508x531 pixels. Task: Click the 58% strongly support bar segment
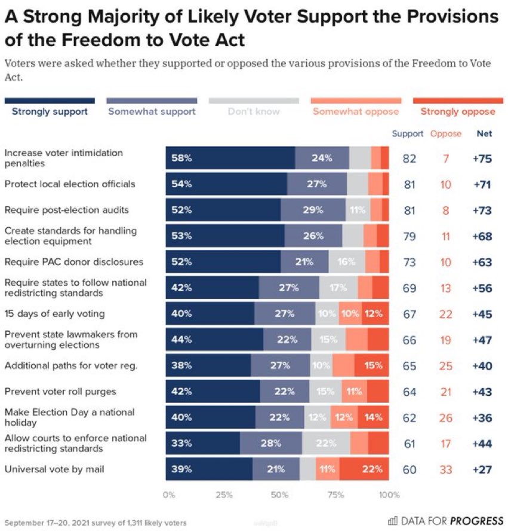pyautogui.click(x=230, y=158)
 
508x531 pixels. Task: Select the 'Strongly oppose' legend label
pyautogui.click(x=457, y=111)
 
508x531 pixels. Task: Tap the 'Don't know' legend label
pyautogui.click(x=254, y=111)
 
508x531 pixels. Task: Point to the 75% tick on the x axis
pyautogui.click(x=335, y=495)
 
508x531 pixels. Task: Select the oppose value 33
pyautogui.click(x=445, y=469)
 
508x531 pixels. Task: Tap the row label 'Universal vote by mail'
pyautogui.click(x=54, y=469)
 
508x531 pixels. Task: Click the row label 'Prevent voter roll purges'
pyautogui.click(x=60, y=392)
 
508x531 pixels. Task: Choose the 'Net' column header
pyautogui.click(x=484, y=134)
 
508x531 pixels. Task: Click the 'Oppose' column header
pyautogui.click(x=445, y=134)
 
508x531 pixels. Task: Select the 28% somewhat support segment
pyautogui.click(x=271, y=444)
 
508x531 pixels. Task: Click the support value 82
pyautogui.click(x=409, y=158)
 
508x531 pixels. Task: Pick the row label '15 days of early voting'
pyautogui.click(x=54, y=314)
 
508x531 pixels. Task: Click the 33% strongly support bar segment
pyautogui.click(x=203, y=444)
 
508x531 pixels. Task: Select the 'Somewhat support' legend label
pyautogui.click(x=152, y=111)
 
